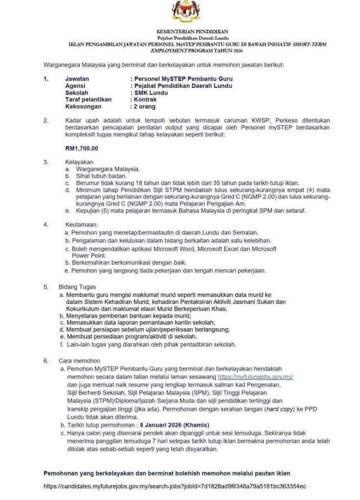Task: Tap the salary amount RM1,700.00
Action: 82,148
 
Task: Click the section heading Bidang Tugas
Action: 77,287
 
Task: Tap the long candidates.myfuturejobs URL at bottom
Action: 174,486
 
